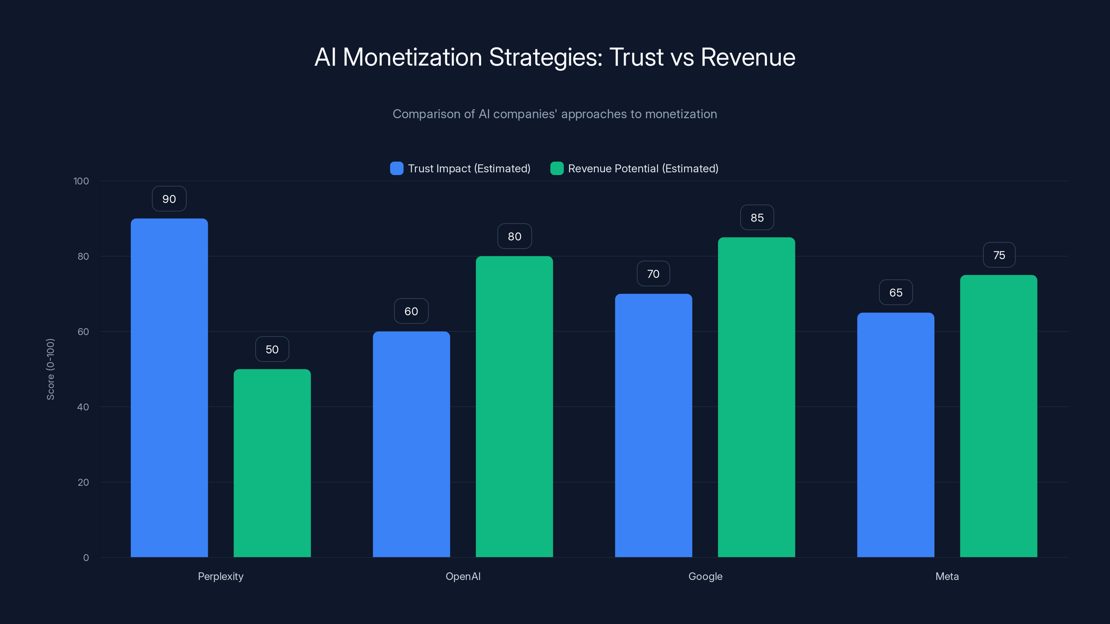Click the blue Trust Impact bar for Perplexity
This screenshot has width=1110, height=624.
[169, 388]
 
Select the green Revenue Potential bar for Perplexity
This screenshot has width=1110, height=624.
[272, 463]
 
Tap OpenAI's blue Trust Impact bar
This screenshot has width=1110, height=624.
[411, 444]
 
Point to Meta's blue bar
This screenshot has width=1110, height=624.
[895, 435]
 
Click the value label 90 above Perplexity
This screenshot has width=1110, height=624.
[169, 199]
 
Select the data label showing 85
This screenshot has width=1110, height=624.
[757, 218]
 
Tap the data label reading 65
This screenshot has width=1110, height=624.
[895, 293]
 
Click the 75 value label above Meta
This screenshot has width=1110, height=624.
[999, 255]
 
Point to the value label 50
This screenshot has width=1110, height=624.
[272, 349]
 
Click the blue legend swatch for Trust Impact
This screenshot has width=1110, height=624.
[396, 168]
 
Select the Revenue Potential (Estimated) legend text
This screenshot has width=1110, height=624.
[643, 168]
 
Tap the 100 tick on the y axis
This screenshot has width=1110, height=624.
[81, 181]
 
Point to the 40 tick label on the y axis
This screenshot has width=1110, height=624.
[83, 407]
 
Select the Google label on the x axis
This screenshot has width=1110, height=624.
[705, 576]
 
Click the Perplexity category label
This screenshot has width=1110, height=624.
[220, 576]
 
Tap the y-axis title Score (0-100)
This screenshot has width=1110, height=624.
[50, 369]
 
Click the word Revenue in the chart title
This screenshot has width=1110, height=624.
[748, 57]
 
